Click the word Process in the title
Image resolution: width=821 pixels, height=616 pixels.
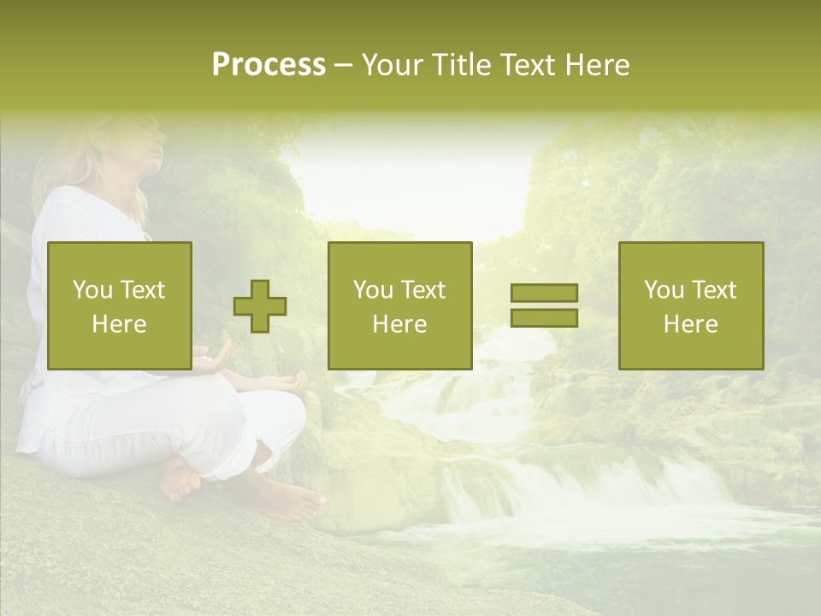[x=269, y=65]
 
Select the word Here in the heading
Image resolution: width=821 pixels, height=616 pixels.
[x=597, y=65]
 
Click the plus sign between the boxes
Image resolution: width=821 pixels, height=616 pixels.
[x=260, y=306]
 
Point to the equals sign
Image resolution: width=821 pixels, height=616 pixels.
[x=544, y=305]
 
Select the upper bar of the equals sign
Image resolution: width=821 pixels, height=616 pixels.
[x=544, y=293]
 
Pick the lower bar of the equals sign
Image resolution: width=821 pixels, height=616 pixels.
[x=544, y=317]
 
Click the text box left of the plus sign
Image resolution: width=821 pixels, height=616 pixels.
[x=120, y=305]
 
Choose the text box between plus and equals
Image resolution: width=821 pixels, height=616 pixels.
[x=399, y=305]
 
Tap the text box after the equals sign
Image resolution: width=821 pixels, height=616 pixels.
[x=691, y=305]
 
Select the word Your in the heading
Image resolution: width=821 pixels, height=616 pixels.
[x=392, y=65]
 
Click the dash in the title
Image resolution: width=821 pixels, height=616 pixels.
[x=343, y=65]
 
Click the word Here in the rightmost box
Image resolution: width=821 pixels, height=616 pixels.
[x=690, y=324]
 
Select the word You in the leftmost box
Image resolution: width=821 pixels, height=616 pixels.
[x=92, y=290]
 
